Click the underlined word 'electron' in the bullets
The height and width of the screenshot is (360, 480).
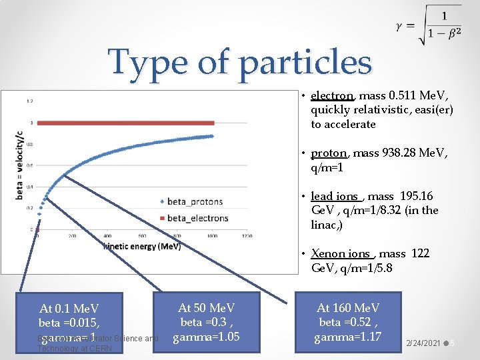click(x=332, y=95)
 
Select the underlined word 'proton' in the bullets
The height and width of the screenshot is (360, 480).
click(x=329, y=153)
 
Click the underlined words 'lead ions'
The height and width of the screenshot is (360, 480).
click(x=335, y=196)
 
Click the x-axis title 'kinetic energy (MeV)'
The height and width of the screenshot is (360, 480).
click(x=141, y=247)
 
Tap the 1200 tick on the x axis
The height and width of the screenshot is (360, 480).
click(x=247, y=235)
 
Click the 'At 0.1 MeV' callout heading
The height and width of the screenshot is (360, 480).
click(x=69, y=309)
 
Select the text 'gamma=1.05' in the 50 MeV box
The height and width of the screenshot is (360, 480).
click(x=207, y=337)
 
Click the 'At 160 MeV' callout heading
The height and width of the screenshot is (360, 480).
click(x=348, y=308)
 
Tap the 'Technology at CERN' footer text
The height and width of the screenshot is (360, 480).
click(x=75, y=348)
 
